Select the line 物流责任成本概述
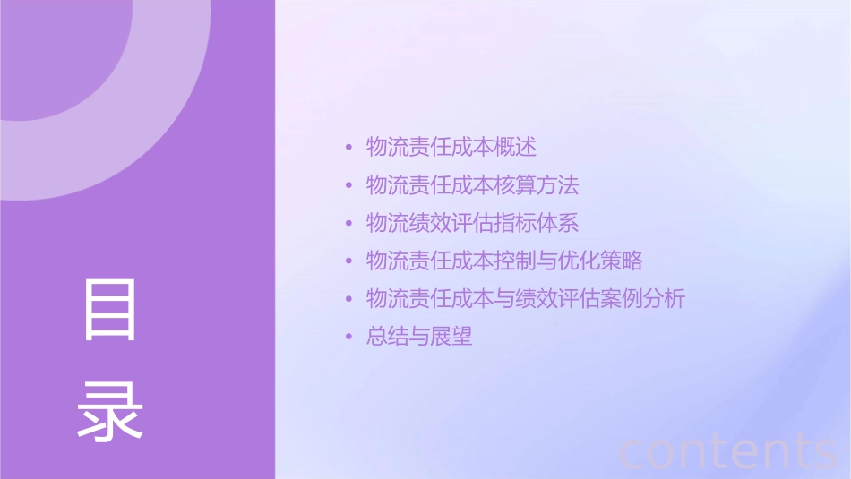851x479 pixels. [x=451, y=147]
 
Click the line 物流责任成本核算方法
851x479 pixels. [x=473, y=185]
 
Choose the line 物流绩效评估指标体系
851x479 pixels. [x=473, y=223]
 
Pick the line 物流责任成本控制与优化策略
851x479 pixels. [x=504, y=261]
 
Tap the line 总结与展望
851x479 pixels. [x=419, y=338]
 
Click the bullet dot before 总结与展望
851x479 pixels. [x=349, y=338]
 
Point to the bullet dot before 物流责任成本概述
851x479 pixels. [x=349, y=148]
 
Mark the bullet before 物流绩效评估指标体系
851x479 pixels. [x=349, y=224]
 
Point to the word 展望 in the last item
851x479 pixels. [x=451, y=338]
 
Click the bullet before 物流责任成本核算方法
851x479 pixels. [x=349, y=185]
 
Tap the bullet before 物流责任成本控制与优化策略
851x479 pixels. [x=349, y=261]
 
